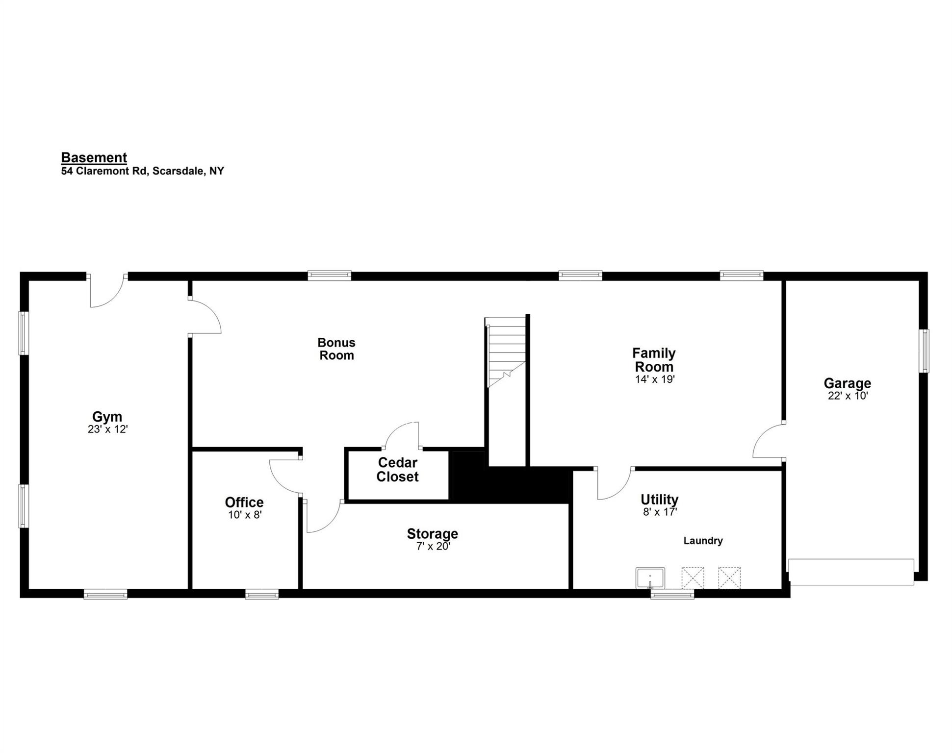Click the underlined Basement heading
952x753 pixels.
(x=94, y=158)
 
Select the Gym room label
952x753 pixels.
(x=107, y=417)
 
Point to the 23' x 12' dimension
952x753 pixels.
(x=107, y=429)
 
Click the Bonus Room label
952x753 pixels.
(x=336, y=349)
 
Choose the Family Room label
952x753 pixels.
(x=654, y=360)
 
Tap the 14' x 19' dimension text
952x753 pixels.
(x=655, y=379)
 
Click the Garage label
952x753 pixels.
(x=848, y=383)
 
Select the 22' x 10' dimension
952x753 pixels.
(x=848, y=396)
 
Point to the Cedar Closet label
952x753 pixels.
(x=397, y=470)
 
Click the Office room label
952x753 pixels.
(x=244, y=502)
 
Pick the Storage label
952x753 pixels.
(x=433, y=533)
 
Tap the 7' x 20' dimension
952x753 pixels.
(x=434, y=546)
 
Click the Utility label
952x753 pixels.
(x=660, y=500)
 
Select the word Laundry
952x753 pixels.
(x=703, y=541)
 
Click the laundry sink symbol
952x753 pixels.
(x=650, y=578)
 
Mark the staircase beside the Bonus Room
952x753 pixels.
(x=506, y=352)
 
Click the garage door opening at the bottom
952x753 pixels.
(x=851, y=572)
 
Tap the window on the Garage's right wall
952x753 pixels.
(x=924, y=351)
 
